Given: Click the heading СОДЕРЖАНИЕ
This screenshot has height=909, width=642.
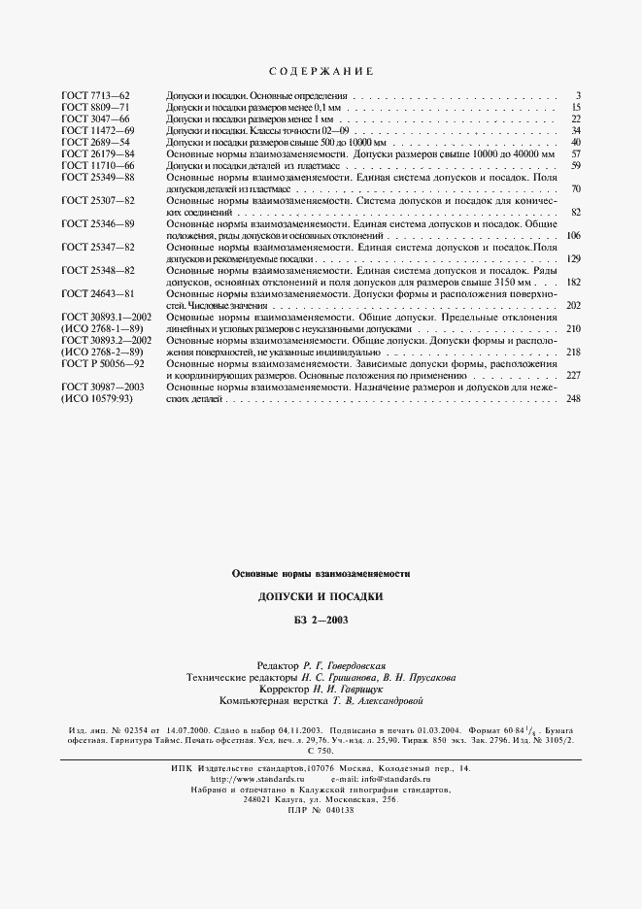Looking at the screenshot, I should [320, 72].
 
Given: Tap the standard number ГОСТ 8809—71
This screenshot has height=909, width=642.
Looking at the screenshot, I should [95, 108].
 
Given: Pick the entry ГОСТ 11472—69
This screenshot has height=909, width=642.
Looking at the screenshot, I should [97, 130].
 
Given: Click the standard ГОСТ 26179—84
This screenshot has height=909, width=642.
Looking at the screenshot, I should [97, 153].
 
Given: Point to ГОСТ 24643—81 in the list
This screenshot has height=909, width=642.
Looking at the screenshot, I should [97, 293].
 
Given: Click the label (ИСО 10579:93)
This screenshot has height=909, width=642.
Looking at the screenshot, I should [102, 397].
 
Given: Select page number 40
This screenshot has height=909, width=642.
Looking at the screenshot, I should [575, 142].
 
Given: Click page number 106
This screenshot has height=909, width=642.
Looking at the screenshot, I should [573, 236].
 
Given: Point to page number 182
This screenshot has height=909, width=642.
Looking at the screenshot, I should [573, 282].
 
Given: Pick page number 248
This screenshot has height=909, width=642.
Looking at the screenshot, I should [573, 398].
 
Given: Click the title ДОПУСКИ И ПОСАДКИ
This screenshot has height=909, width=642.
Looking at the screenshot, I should [321, 595].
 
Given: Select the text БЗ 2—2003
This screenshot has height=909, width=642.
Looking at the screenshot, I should [321, 620].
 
